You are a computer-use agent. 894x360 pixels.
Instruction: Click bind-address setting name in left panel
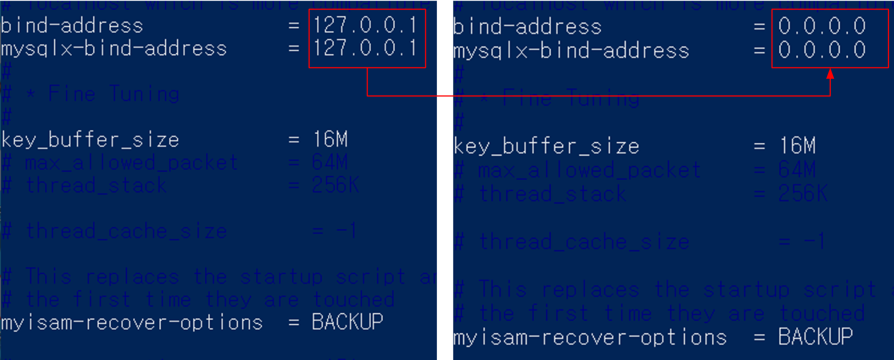(72, 26)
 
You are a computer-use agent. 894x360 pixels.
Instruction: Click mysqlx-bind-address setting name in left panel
(114, 49)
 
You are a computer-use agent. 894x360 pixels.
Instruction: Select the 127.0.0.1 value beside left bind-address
(366, 25)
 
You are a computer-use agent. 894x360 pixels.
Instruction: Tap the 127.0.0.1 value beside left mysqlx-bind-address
(366, 48)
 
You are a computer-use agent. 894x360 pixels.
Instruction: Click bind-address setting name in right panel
(527, 27)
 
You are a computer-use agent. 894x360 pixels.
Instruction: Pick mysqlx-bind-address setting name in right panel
(571, 51)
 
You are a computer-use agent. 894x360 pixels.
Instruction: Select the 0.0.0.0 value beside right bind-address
(822, 26)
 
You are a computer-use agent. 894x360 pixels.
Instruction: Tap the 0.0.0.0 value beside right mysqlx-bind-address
(822, 50)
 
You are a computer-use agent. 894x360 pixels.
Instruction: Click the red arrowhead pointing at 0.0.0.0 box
(830, 74)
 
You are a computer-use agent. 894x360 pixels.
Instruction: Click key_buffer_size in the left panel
(91, 140)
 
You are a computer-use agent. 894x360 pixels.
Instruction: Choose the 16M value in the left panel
(330, 139)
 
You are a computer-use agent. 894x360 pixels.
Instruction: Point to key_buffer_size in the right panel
(546, 146)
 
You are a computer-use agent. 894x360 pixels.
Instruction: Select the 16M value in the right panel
(797, 146)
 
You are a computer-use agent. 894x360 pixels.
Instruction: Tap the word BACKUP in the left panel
(347, 322)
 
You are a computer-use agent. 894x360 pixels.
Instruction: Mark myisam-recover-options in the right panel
(590, 337)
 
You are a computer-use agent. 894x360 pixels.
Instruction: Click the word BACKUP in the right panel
(815, 337)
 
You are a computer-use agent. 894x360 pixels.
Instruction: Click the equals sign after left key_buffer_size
(294, 140)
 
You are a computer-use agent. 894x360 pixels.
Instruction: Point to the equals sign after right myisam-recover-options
(759, 337)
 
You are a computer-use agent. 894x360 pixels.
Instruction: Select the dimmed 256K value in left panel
(335, 186)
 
